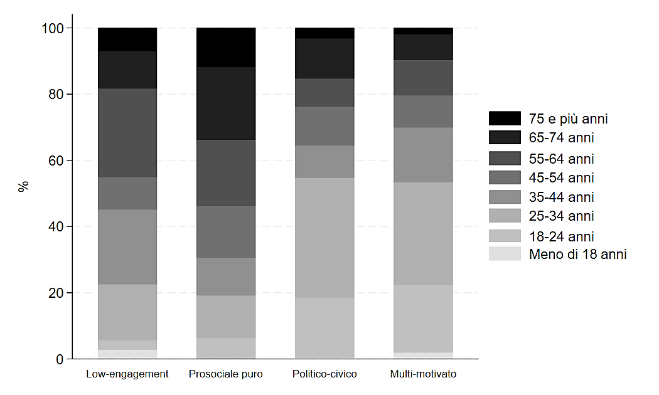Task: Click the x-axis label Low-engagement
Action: (127, 374)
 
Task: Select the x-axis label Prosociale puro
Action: (226, 374)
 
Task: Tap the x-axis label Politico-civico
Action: (324, 374)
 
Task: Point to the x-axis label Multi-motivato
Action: (423, 374)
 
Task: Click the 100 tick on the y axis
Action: (53, 28)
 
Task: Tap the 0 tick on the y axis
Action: (60, 359)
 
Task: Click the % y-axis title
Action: (24, 186)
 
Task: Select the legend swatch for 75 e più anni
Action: (505, 118)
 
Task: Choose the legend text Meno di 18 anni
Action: (578, 255)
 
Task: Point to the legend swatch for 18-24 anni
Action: (505, 236)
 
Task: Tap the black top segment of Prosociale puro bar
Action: (226, 48)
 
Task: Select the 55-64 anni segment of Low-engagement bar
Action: (127, 133)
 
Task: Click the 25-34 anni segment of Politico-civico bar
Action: (324, 238)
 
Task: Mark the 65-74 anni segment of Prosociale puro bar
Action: (226, 103)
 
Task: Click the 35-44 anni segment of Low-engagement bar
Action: (127, 247)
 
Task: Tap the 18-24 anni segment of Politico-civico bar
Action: (324, 327)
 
